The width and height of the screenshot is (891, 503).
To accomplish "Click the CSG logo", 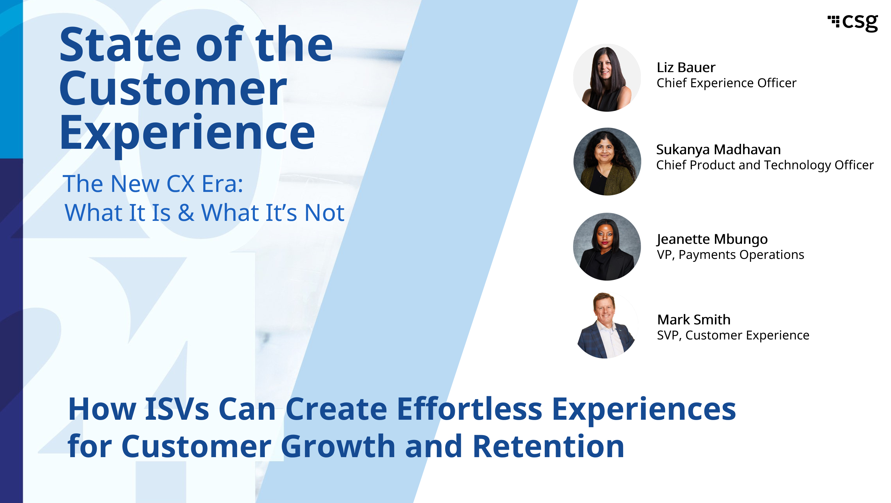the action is (x=853, y=23).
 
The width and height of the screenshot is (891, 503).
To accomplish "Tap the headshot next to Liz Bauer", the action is (x=607, y=78).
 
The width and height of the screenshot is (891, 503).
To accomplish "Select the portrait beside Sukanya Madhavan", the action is (x=607, y=161).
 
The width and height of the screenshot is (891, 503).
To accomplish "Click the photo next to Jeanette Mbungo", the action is (x=607, y=247).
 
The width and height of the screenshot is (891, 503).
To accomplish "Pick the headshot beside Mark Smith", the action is (x=607, y=326).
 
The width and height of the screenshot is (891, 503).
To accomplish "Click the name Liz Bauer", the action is (x=686, y=68).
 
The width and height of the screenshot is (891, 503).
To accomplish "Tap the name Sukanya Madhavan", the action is (x=718, y=150).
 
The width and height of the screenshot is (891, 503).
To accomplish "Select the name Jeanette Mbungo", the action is (x=712, y=239).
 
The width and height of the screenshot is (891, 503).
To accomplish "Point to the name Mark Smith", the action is (x=694, y=320).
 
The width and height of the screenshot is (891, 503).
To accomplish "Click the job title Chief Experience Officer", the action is (x=726, y=83).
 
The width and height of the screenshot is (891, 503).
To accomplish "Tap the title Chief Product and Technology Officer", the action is (x=765, y=165).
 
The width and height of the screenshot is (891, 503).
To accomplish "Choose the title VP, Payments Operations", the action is (x=730, y=255).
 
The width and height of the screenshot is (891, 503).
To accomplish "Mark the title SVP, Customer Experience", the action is (x=733, y=336).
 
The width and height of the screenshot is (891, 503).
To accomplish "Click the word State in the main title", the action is (x=120, y=45).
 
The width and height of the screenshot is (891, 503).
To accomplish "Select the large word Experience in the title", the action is (x=187, y=133).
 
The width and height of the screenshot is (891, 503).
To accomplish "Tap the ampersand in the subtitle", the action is (x=186, y=212).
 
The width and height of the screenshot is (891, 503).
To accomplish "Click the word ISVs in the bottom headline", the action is (x=177, y=409).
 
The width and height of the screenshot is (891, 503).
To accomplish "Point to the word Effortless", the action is (x=469, y=409).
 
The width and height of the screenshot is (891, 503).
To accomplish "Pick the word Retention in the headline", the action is (x=548, y=446).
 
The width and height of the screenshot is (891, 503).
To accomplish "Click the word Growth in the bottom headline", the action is (x=338, y=446).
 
